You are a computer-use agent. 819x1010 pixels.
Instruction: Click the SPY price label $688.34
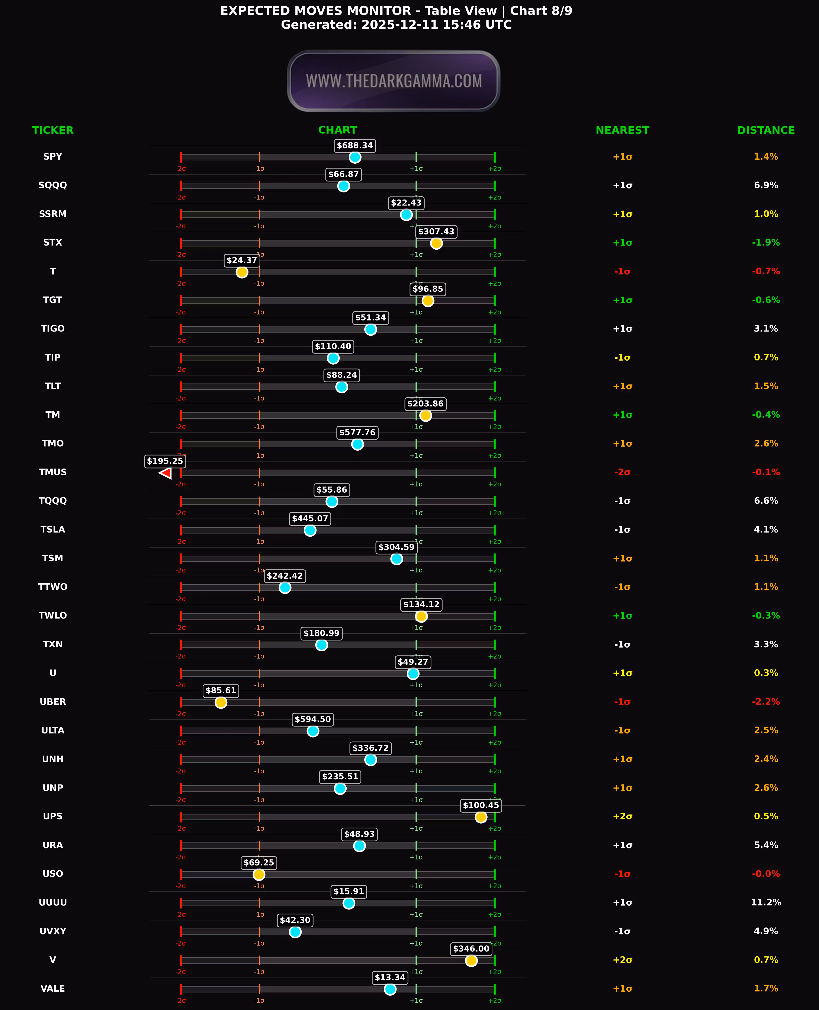[355, 145]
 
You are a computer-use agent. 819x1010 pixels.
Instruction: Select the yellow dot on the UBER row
[221, 702]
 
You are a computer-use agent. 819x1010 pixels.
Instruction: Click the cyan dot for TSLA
[310, 530]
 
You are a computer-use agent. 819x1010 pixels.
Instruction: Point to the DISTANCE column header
[766, 130]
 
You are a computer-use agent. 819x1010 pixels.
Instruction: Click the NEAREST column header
[622, 130]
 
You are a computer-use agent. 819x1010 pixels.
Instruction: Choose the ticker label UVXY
[53, 931]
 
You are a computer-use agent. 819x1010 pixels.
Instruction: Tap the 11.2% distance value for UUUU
[766, 902]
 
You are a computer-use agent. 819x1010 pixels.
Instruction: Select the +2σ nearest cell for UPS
[622, 816]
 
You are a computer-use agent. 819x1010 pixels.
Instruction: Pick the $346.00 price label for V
[471, 949]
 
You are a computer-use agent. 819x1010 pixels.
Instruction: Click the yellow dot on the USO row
[258, 875]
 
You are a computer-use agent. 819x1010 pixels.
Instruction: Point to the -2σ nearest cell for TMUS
[622, 472]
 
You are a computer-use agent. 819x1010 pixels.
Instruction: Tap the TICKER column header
[53, 130]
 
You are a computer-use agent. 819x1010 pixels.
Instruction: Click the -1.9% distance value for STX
[766, 243]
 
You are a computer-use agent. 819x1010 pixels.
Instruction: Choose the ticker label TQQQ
[53, 501]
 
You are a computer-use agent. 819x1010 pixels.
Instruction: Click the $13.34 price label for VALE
[390, 977]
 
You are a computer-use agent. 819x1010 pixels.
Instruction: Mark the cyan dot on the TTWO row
[285, 588]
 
